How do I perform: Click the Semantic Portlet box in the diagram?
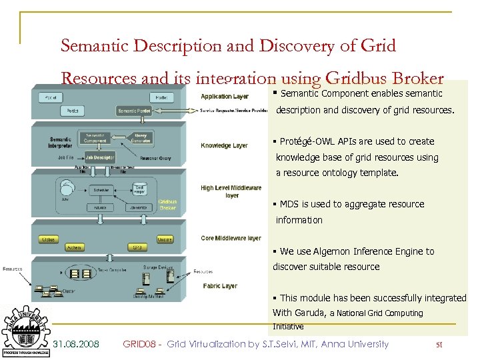click(135, 111)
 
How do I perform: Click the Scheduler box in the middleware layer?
click(101, 190)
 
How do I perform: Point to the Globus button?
click(48, 239)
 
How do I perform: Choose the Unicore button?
click(164, 239)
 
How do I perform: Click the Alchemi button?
click(73, 247)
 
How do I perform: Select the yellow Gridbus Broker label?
click(167, 205)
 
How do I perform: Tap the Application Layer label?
click(225, 97)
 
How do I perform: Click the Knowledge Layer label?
click(224, 145)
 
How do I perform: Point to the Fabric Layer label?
click(220, 286)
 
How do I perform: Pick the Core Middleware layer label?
click(231, 238)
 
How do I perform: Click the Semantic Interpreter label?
click(60, 142)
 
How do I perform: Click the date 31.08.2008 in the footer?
click(76, 344)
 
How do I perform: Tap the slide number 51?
click(439, 345)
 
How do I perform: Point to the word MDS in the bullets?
click(289, 204)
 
